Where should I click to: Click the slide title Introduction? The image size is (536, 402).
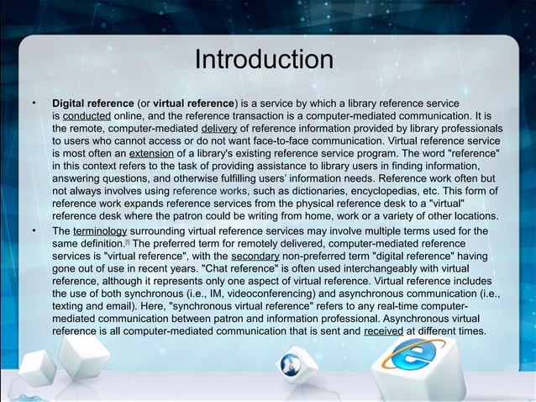(x=264, y=61)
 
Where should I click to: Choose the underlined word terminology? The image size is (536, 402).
(x=99, y=230)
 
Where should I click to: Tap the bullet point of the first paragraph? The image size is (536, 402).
(x=34, y=102)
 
